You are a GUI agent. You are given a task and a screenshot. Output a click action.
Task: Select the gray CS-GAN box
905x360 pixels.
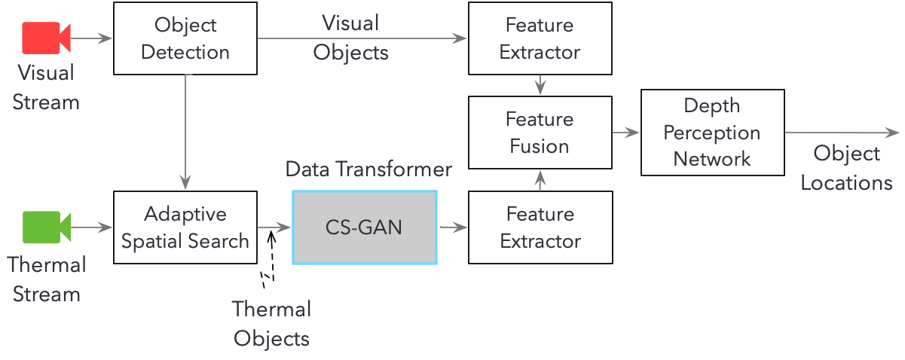click(x=364, y=227)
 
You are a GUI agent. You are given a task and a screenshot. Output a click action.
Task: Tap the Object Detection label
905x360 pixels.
click(x=185, y=38)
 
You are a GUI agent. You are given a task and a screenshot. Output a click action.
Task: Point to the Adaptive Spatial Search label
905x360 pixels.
click(x=185, y=227)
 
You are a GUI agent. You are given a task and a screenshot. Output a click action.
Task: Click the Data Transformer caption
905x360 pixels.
click(x=368, y=169)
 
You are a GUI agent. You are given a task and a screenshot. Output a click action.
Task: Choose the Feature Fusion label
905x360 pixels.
click(x=540, y=133)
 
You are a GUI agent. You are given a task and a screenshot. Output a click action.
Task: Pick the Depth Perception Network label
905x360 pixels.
click(x=712, y=133)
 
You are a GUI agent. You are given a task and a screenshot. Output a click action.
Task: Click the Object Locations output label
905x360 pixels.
click(x=846, y=168)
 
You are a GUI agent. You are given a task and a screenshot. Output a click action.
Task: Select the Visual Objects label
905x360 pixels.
click(x=350, y=38)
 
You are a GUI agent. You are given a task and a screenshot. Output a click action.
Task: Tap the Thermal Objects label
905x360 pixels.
click(x=271, y=323)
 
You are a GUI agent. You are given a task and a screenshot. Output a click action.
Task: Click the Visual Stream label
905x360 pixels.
click(x=46, y=87)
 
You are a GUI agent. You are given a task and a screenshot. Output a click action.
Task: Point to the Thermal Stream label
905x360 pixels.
click(x=46, y=279)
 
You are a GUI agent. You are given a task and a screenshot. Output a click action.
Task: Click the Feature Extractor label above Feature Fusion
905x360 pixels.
click(x=540, y=38)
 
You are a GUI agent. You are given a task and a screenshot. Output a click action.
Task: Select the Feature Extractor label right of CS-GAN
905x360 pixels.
click(x=540, y=227)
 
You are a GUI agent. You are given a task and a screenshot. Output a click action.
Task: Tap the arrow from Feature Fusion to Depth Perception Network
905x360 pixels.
click(x=625, y=133)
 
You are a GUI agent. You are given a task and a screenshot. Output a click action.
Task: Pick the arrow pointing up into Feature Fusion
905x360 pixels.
click(x=540, y=179)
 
